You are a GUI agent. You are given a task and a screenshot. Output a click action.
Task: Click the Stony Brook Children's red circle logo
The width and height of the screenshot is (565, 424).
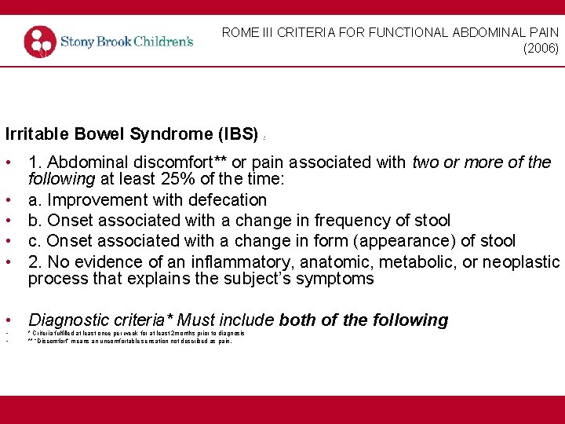pos(40,42)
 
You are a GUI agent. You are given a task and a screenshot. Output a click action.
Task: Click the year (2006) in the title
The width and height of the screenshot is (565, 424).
pos(541,49)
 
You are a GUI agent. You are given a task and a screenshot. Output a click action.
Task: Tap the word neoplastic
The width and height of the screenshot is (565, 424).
pos(521,261)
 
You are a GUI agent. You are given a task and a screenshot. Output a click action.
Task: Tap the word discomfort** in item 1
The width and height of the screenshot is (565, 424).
pos(171,163)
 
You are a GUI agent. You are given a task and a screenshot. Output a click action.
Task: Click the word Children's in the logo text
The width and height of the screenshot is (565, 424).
pos(162,41)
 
